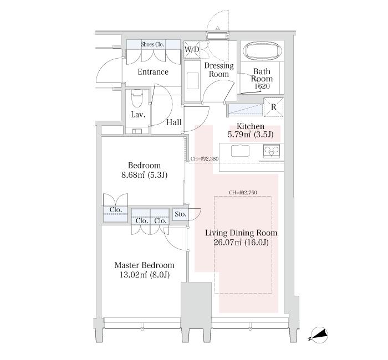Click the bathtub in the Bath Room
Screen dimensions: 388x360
(x=262, y=52)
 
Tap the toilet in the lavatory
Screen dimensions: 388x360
(x=137, y=99)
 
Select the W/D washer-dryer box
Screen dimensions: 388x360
(x=192, y=50)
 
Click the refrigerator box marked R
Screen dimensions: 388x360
(x=273, y=107)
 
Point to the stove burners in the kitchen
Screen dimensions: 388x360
(x=272, y=151)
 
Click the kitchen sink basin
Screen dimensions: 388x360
(x=240, y=151)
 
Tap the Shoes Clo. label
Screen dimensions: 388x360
(x=152, y=44)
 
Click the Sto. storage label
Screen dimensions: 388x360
(x=180, y=214)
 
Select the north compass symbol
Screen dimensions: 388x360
(x=319, y=335)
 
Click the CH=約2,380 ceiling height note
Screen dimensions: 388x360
(x=205, y=159)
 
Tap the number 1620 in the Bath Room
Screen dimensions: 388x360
(x=262, y=86)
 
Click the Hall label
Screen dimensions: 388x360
(x=173, y=122)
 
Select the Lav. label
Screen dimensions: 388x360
(x=138, y=115)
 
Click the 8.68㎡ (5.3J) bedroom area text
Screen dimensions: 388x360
(x=144, y=175)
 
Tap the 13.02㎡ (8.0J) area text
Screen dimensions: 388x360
(x=145, y=275)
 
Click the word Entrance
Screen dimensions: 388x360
(x=153, y=72)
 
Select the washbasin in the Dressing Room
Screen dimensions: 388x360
(x=193, y=81)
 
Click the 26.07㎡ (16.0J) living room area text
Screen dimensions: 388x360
(x=241, y=243)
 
